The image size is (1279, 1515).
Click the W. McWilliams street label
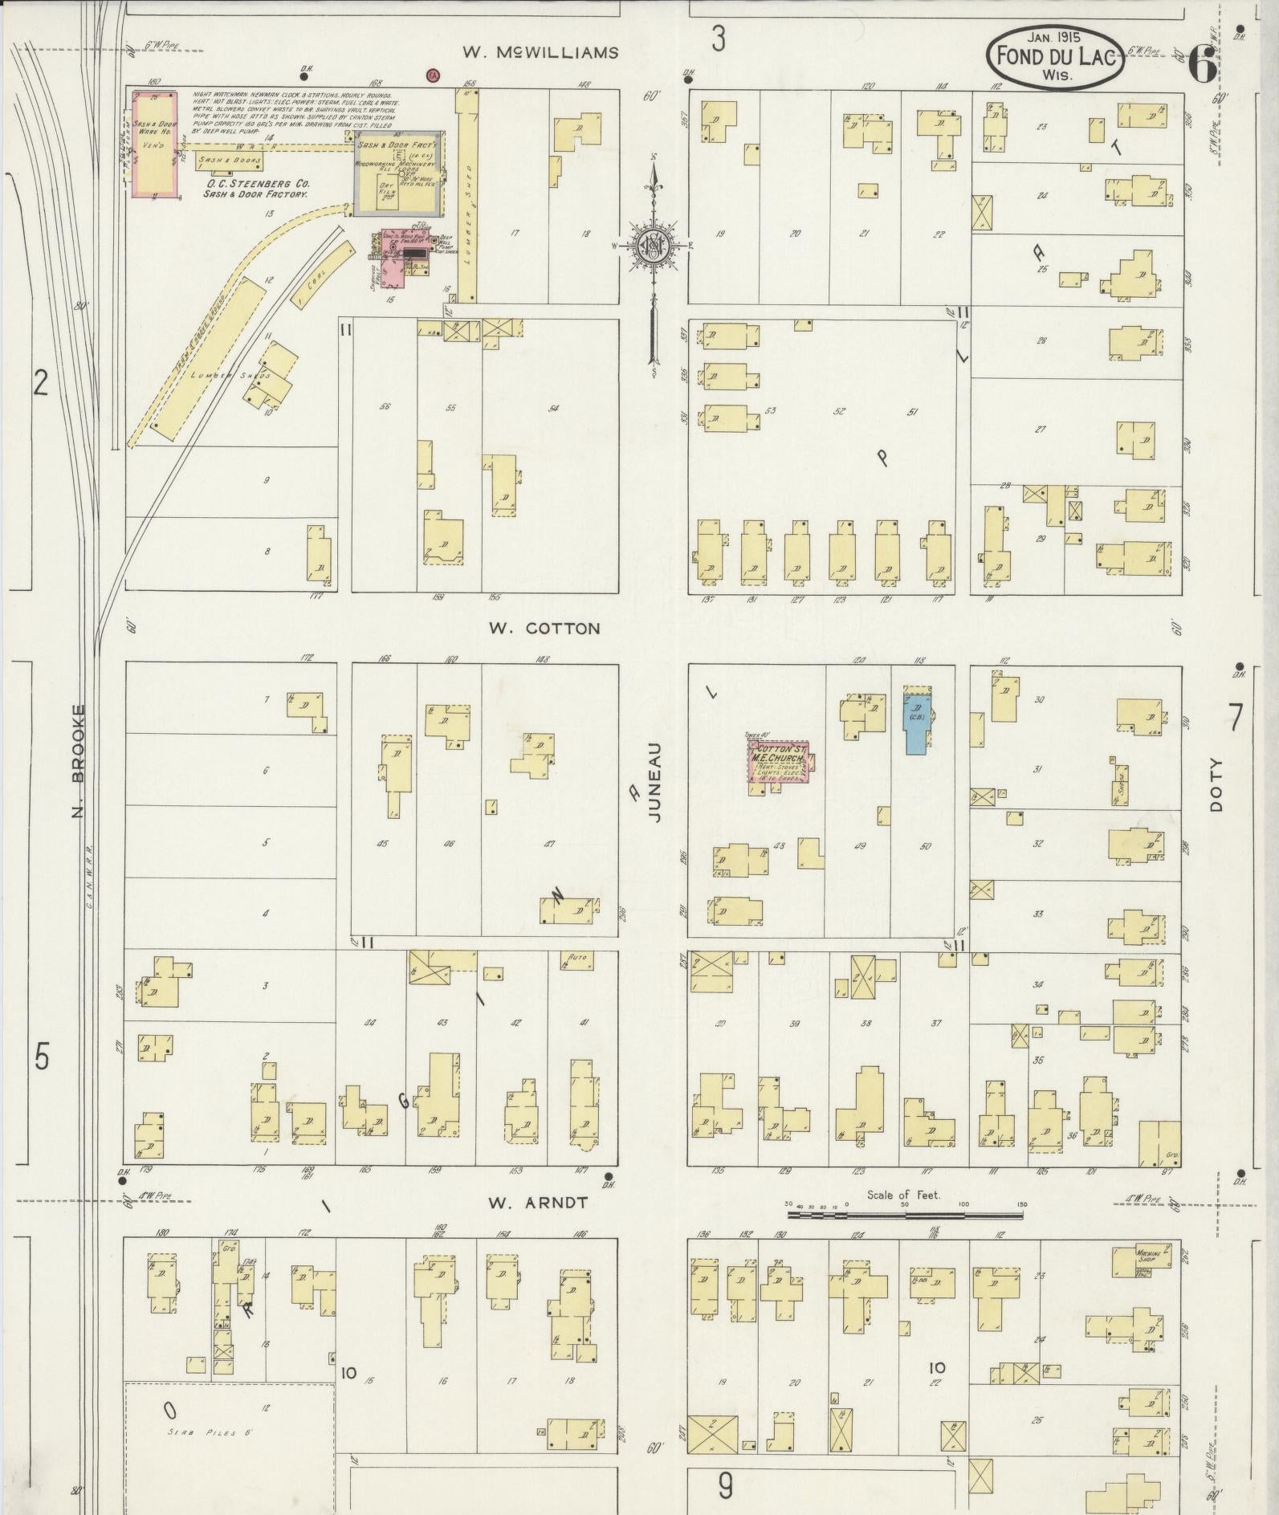540,53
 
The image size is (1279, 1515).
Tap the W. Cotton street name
544,628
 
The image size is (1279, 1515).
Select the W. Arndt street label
538,1203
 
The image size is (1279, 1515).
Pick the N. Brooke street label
78,761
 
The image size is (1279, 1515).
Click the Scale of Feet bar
904,1215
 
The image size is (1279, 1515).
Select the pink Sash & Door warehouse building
157,143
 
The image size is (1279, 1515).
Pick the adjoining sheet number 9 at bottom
725,1487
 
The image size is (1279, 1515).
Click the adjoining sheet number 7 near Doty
1235,717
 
